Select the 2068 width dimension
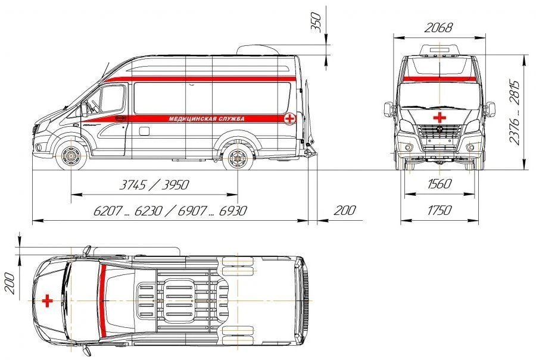click(438, 27)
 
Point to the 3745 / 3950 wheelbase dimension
click(154, 184)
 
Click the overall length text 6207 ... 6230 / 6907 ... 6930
click(170, 211)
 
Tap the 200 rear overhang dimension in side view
click(344, 210)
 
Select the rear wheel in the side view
click(238, 158)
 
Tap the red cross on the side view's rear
click(289, 119)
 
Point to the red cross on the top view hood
click(47, 301)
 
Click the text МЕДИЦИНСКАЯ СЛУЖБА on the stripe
click(207, 118)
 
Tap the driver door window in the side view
click(111, 100)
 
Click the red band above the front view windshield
click(439, 79)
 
